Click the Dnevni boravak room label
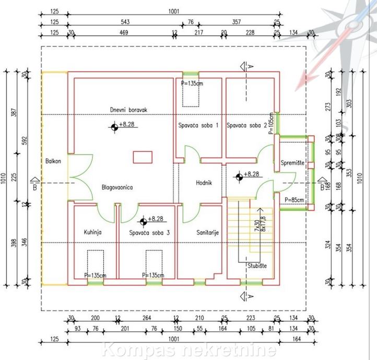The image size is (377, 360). point(129,111)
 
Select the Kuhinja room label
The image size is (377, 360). point(92,233)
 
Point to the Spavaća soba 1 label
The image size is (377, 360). point(198,126)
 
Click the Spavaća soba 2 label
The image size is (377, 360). point(247,126)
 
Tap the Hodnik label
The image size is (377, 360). point(203,183)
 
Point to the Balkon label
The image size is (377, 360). point(53,161)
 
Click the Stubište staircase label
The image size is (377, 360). point(257,266)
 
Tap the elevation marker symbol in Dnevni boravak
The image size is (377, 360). point(114,127)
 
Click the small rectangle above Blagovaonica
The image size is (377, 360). point(143,157)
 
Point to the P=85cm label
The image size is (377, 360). point(296,200)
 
